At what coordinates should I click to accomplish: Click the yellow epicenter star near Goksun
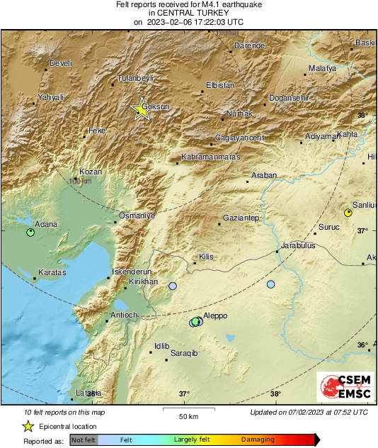tap(142, 109)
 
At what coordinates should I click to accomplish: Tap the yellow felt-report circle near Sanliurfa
tap(348, 213)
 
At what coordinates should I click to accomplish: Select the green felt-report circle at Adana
tap(30, 232)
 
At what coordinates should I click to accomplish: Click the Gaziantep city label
tap(241, 218)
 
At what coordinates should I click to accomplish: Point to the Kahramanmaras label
tap(211, 157)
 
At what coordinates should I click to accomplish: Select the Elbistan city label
tap(219, 85)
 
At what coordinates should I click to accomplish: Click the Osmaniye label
tap(137, 215)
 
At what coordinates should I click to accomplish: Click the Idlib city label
tap(162, 346)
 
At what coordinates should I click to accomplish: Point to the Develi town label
tap(61, 63)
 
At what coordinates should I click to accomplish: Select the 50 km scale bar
tap(187, 409)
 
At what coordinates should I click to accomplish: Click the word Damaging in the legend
tap(258, 439)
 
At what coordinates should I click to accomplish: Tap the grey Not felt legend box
tap(83, 440)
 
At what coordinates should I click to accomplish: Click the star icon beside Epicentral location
tap(28, 426)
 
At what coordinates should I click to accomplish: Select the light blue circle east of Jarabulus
tap(270, 284)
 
